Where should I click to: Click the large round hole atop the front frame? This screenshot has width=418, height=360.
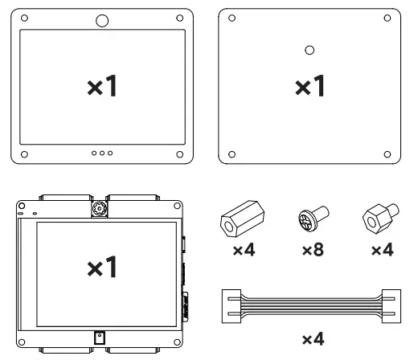pyautogui.click(x=103, y=21)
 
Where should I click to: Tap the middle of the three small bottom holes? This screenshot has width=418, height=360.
pyautogui.click(x=103, y=153)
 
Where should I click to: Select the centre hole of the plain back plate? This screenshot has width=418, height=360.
pyautogui.click(x=309, y=50)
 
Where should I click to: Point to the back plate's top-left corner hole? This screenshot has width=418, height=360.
pyautogui.click(x=232, y=17)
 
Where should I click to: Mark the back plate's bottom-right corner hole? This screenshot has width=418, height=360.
pyautogui.click(x=387, y=154)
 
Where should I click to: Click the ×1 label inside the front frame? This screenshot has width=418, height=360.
pyautogui.click(x=103, y=87)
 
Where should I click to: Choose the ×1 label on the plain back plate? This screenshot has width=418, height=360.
pyautogui.click(x=309, y=87)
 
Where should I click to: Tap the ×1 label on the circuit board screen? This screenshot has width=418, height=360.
pyautogui.click(x=103, y=268)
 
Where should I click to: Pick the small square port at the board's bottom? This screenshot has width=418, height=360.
pyautogui.click(x=99, y=337)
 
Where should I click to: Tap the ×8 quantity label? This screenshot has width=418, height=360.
pyautogui.click(x=312, y=252)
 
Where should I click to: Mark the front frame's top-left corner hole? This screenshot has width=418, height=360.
pyautogui.click(x=26, y=17)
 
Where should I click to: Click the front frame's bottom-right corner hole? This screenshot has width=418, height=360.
pyautogui.click(x=180, y=153)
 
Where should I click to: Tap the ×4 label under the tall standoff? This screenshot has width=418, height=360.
pyautogui.click(x=243, y=252)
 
